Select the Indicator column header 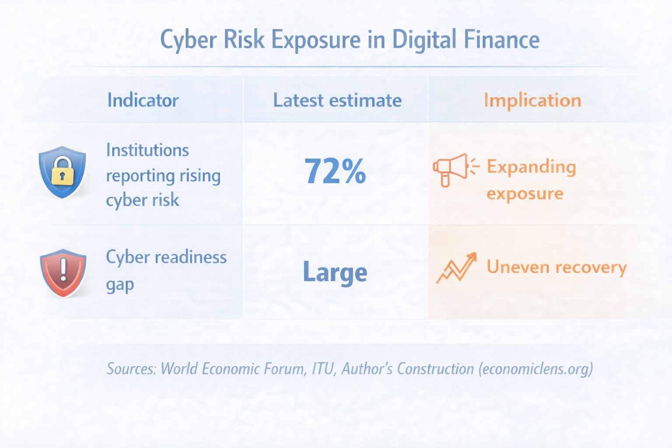143,100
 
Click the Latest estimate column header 337,100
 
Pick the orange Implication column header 532,100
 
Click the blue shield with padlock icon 63,172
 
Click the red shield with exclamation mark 63,273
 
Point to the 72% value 335,171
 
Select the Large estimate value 335,272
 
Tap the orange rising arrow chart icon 456,267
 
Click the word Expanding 531,167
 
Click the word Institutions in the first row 147,150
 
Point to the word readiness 192,257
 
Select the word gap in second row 120,284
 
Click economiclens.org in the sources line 535,369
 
